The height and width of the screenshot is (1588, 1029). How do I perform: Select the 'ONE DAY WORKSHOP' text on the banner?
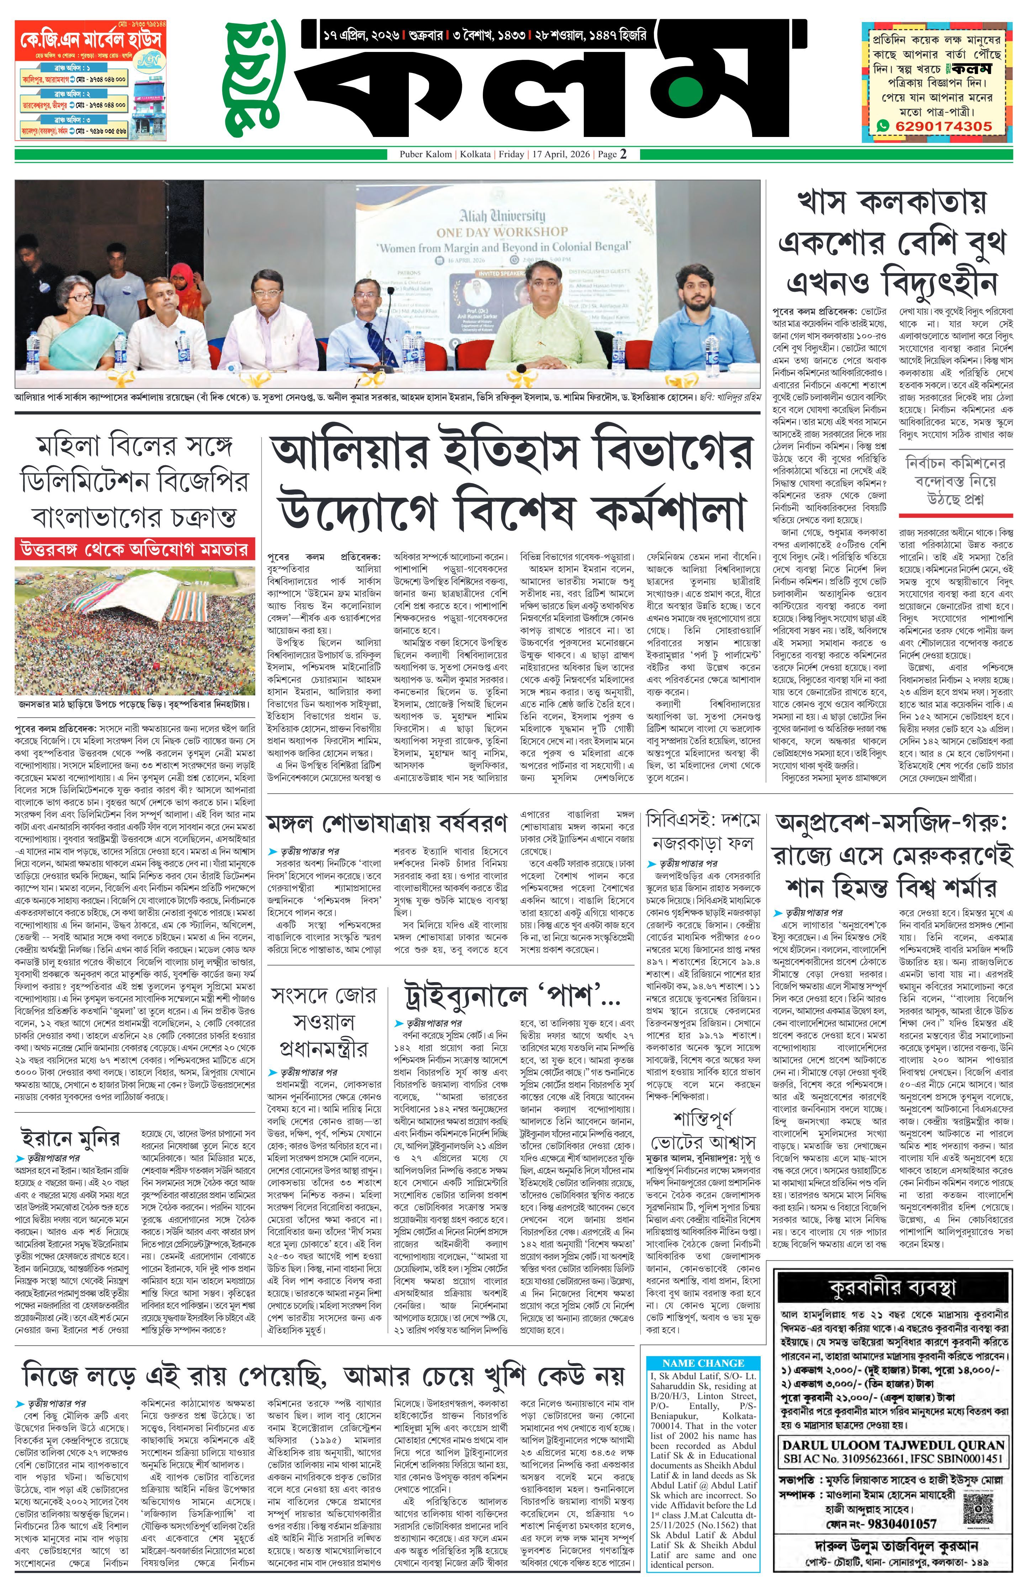502,231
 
